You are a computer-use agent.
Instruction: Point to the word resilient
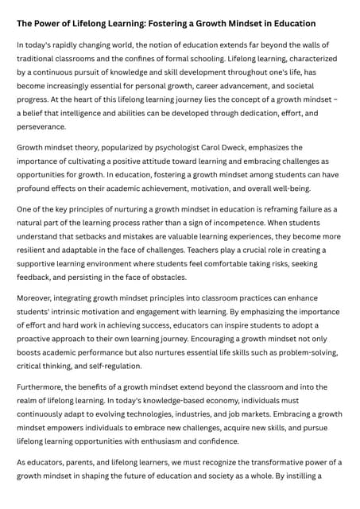coord(35,250)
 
